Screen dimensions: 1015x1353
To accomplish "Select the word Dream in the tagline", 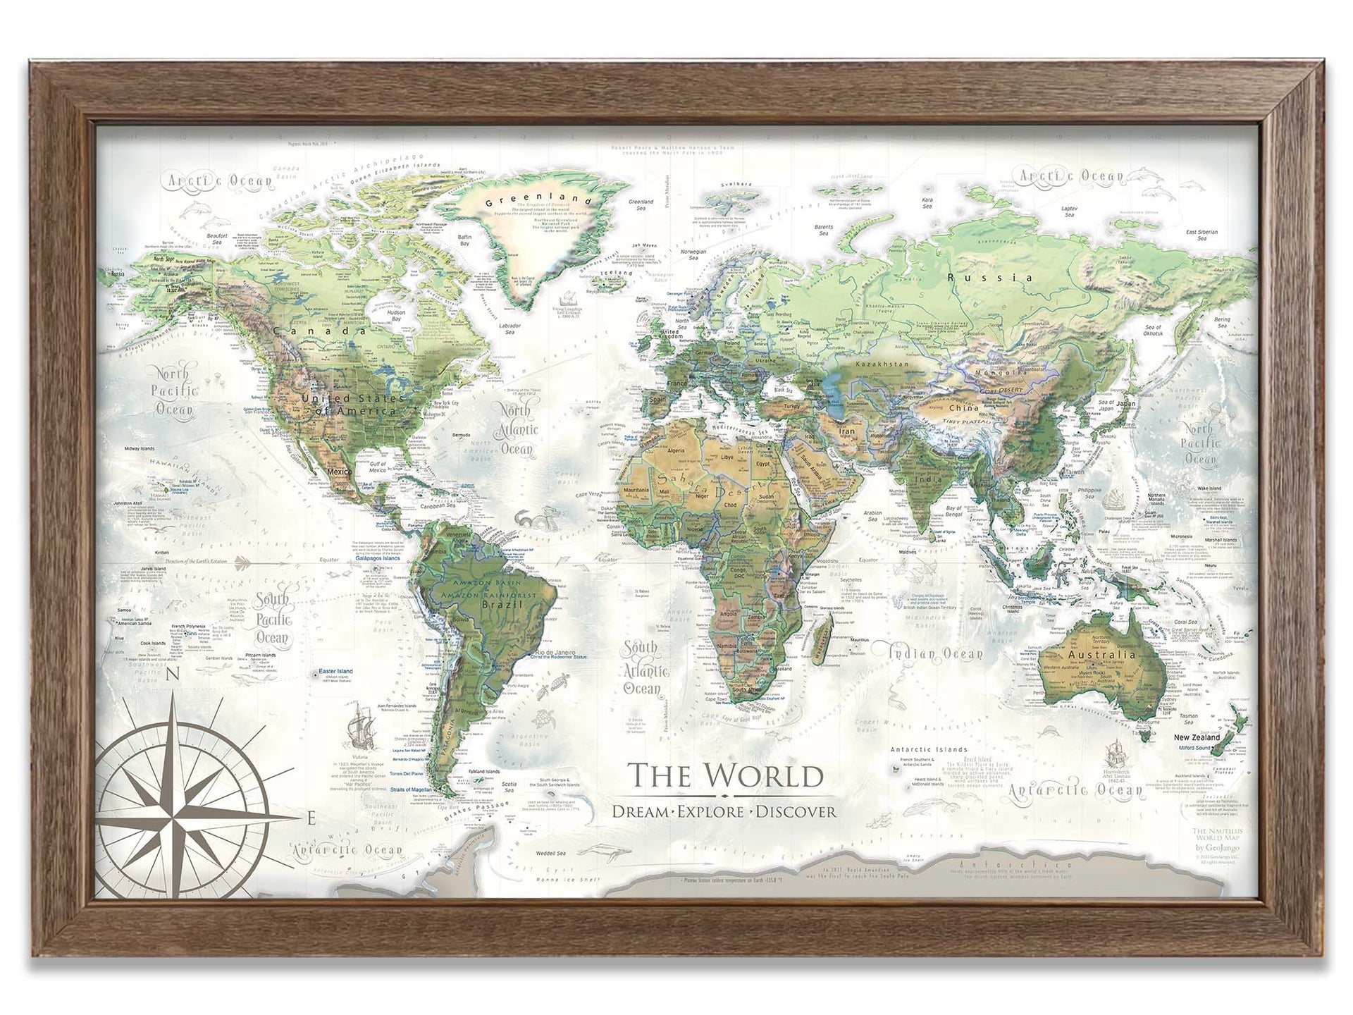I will [640, 811].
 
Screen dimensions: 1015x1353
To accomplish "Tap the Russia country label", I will [989, 278].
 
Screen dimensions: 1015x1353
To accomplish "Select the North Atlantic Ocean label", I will [519, 429].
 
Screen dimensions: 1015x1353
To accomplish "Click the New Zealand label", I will [1196, 737].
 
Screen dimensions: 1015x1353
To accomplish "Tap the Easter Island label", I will [340, 672].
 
